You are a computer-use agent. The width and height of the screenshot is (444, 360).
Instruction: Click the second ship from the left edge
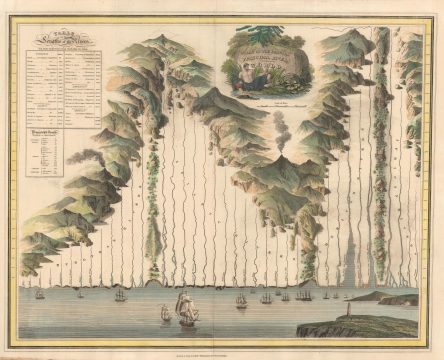pyautogui.click(x=80, y=293)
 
